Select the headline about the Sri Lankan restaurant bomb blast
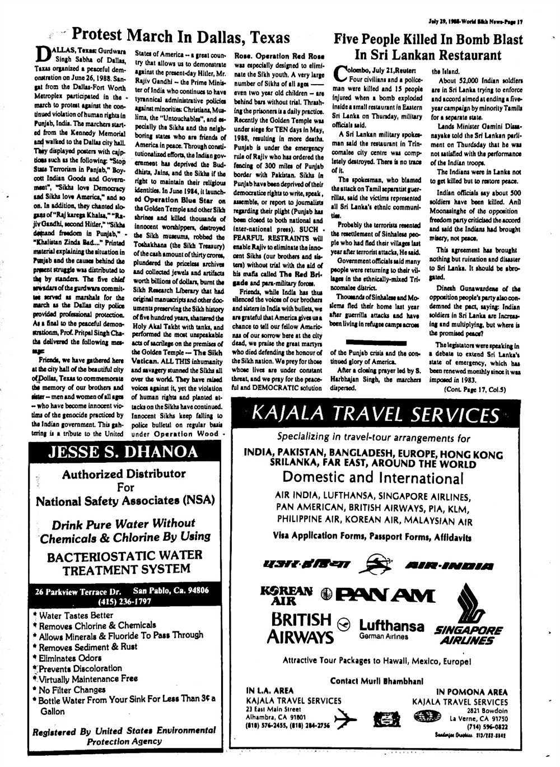point(428,47)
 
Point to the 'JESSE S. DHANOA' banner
point(123,452)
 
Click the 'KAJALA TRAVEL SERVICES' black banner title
point(376,415)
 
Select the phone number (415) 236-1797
point(124,602)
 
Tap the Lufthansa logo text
point(391,626)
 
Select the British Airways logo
point(301,628)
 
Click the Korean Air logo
point(286,596)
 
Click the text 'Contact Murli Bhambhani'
point(376,681)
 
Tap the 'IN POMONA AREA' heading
point(472,692)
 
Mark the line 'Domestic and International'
point(373,477)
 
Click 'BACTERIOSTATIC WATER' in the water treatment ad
point(124,556)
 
